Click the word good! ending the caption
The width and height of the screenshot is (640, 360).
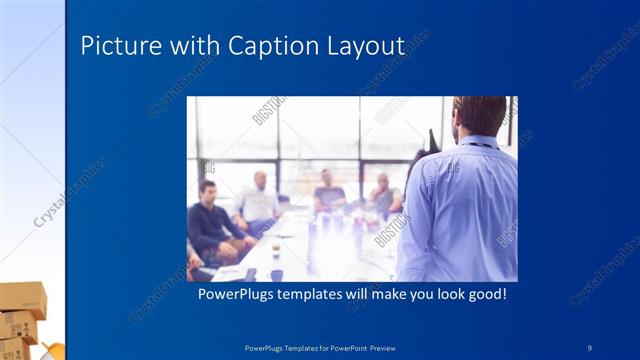[483, 295]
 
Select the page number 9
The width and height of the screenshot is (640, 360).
[589, 347]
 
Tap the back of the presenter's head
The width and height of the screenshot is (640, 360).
[480, 115]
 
